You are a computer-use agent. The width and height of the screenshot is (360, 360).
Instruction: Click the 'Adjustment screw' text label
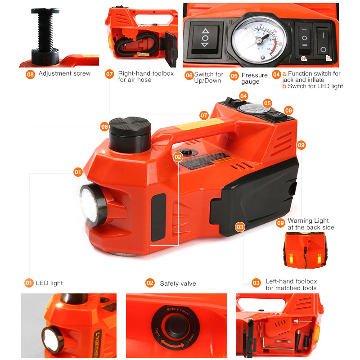tap(64, 73)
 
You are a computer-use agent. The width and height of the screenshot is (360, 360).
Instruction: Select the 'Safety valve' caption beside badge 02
tap(178, 283)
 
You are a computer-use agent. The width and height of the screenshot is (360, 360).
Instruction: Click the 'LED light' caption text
tap(49, 283)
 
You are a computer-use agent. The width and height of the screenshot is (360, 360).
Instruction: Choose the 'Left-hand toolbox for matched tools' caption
tap(291, 284)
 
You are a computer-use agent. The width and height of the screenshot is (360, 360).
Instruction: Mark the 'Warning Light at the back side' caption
tap(310, 224)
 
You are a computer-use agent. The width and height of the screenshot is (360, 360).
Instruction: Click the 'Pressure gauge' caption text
tap(254, 78)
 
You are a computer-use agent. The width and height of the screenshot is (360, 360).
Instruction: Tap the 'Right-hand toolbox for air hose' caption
tap(145, 76)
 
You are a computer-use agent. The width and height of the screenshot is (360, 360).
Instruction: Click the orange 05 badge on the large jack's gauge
tap(267, 103)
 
